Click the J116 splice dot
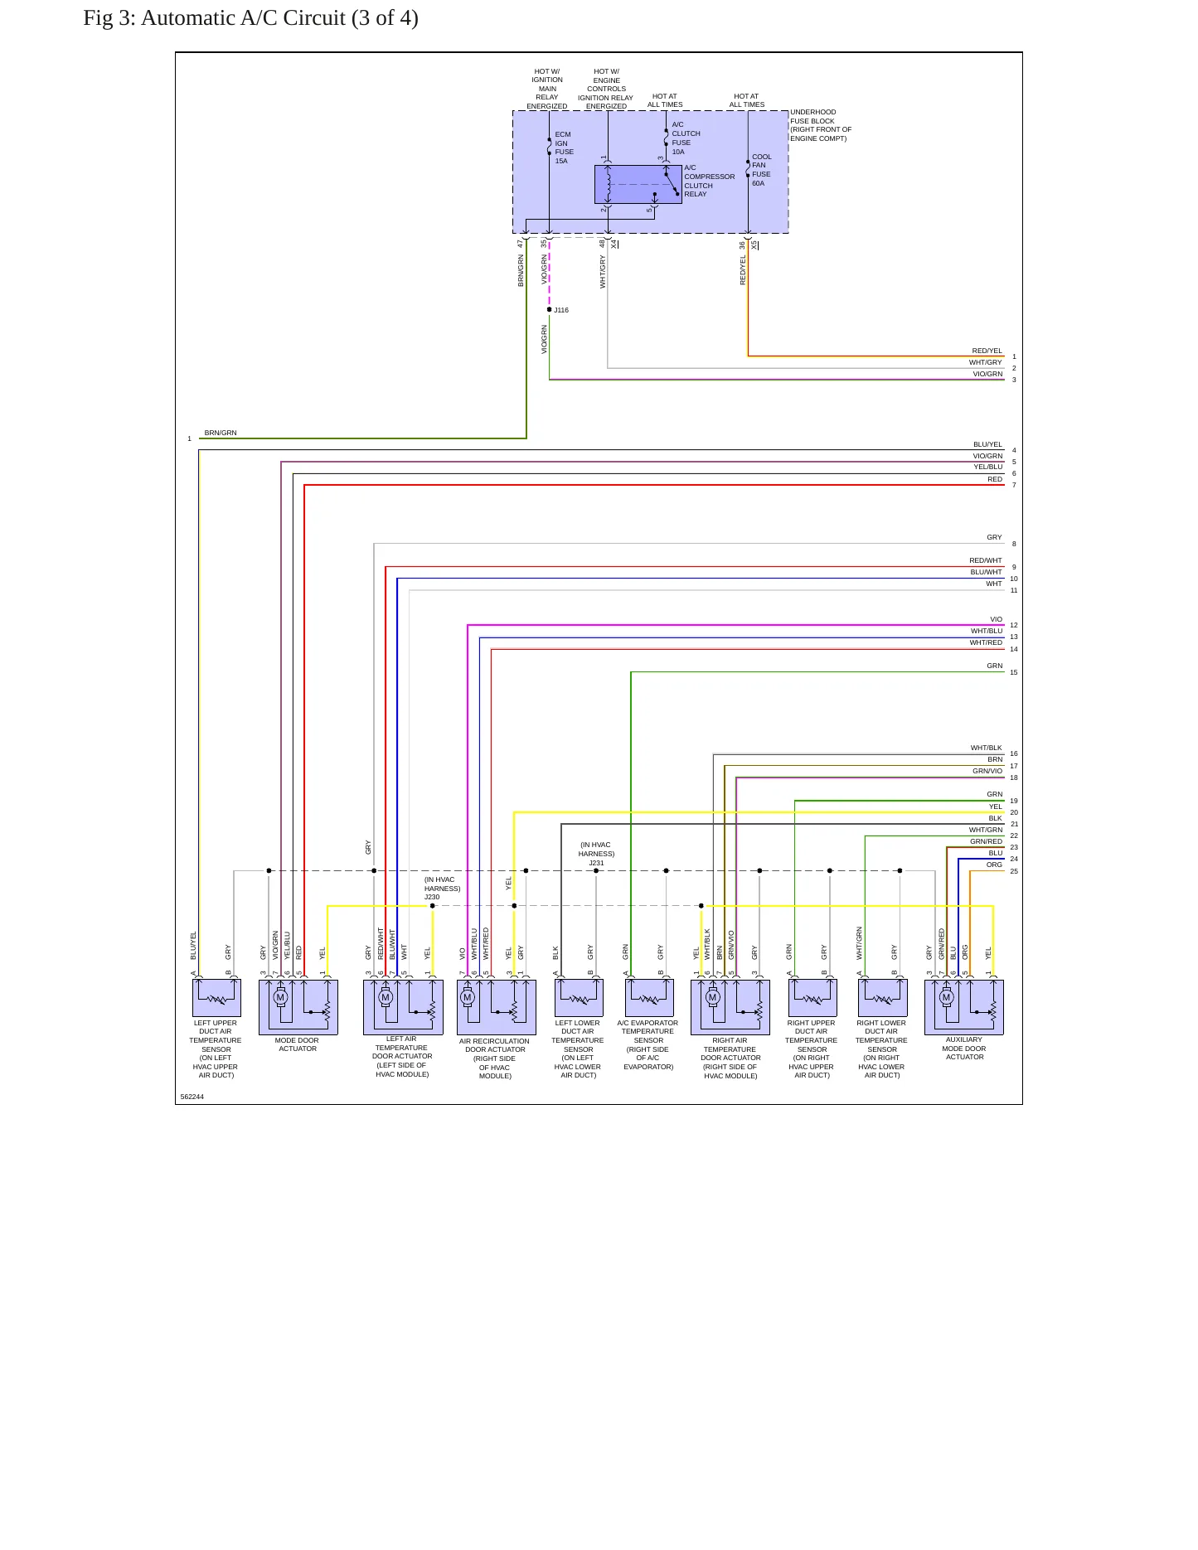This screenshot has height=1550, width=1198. tap(549, 309)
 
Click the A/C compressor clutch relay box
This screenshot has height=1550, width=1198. tap(638, 184)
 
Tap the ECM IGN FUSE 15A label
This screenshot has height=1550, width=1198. tap(564, 148)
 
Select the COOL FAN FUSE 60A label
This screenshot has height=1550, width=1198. tap(761, 170)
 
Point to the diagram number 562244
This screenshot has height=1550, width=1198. tap(192, 1097)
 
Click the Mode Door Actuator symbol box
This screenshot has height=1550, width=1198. tap(298, 1007)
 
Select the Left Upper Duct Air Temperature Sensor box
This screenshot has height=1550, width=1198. tap(216, 998)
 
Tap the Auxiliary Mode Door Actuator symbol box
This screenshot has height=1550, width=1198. tap(963, 1007)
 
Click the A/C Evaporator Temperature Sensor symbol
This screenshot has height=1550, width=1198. tap(649, 998)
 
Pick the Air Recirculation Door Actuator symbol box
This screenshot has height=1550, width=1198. tap(496, 1007)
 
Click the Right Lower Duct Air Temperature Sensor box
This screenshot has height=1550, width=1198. tap(882, 998)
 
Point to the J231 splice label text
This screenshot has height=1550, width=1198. tap(596, 863)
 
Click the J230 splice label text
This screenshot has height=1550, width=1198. tap(432, 897)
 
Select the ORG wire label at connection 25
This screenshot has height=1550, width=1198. tap(994, 865)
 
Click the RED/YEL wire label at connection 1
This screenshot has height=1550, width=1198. tap(987, 351)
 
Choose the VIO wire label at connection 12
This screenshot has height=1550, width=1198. tap(996, 619)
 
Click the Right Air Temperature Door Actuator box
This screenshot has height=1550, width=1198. tap(730, 1007)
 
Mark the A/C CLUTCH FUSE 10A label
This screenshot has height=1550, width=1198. tap(686, 138)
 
